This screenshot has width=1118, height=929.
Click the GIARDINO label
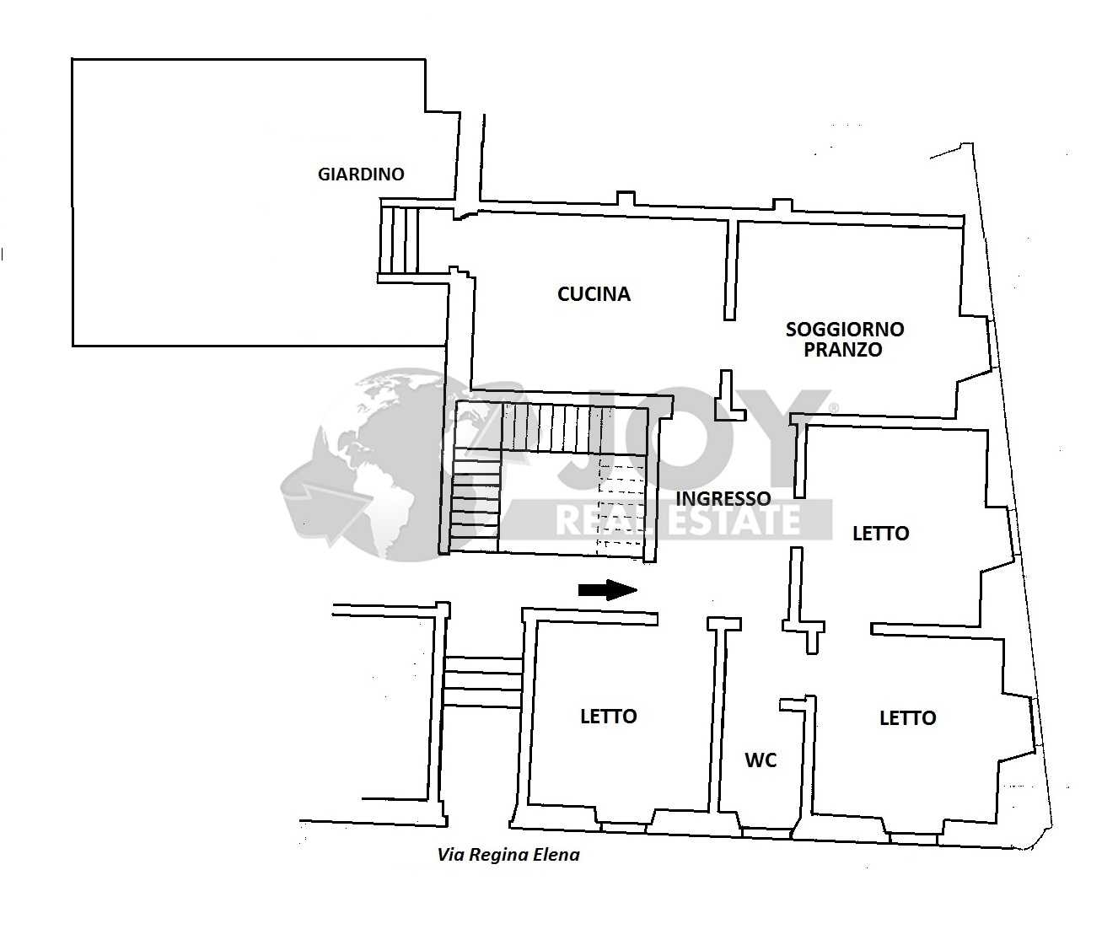[361, 174]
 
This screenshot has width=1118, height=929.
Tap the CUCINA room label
[594, 294]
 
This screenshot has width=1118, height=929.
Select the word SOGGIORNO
[845, 329]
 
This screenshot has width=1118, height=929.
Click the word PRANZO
[843, 350]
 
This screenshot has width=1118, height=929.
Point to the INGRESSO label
[723, 498]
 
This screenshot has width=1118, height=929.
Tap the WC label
[761, 760]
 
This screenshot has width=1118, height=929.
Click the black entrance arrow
[608, 590]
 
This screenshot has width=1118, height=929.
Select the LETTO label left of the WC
[609, 717]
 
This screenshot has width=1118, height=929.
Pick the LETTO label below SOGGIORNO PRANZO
[881, 534]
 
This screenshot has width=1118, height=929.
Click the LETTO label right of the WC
[908, 718]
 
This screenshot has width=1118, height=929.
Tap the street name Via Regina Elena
[508, 855]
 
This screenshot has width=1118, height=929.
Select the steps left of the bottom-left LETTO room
[483, 681]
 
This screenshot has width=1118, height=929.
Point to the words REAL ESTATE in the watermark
[679, 520]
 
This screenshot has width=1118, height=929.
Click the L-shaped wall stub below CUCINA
[729, 397]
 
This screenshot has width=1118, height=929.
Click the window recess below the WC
[766, 833]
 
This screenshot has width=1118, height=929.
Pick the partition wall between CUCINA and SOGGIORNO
[731, 271]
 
